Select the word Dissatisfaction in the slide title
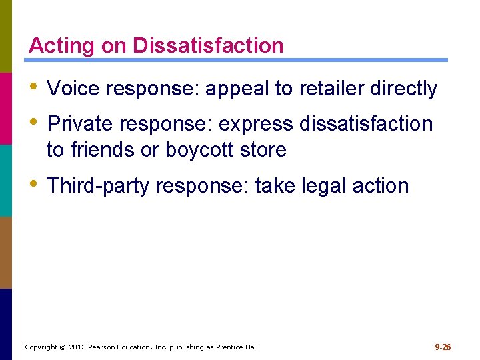coord(208,46)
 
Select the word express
coord(259,124)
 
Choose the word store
coord(265,150)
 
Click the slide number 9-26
coord(443,347)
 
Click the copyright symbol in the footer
coord(62,347)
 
